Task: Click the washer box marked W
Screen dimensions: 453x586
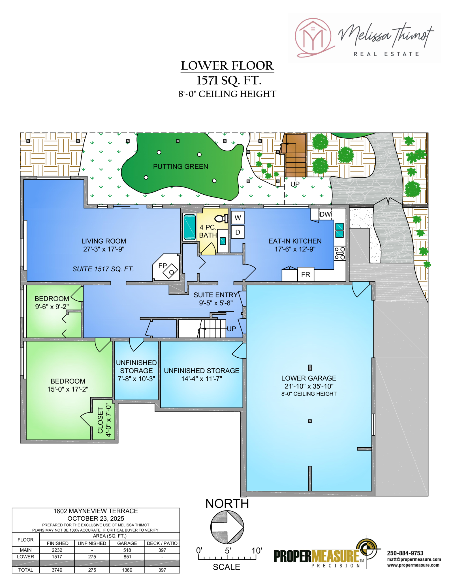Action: tap(238, 218)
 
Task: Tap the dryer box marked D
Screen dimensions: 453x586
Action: tap(238, 232)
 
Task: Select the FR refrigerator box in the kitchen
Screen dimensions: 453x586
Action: tap(305, 274)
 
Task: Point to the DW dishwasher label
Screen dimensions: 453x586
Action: tap(325, 214)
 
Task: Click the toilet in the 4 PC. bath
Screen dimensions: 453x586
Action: tap(221, 218)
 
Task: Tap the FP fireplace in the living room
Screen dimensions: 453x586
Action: tap(166, 267)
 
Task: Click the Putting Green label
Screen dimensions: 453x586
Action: tap(181, 166)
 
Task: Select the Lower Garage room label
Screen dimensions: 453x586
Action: tap(309, 378)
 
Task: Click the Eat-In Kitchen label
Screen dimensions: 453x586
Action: tap(295, 241)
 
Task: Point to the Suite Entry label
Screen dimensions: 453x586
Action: tap(215, 295)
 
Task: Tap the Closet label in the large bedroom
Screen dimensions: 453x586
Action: tap(100, 420)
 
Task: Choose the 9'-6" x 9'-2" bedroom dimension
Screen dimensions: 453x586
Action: tap(52, 307)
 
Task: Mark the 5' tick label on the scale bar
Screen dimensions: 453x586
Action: tap(228, 551)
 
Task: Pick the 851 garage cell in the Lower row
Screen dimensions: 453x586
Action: tap(127, 557)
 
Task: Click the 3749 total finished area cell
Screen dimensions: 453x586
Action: tap(57, 570)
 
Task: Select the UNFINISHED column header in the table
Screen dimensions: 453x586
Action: tap(92, 543)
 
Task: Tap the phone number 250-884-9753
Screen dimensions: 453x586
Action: tap(405, 553)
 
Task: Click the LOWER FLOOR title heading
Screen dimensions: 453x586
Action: tap(227, 66)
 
